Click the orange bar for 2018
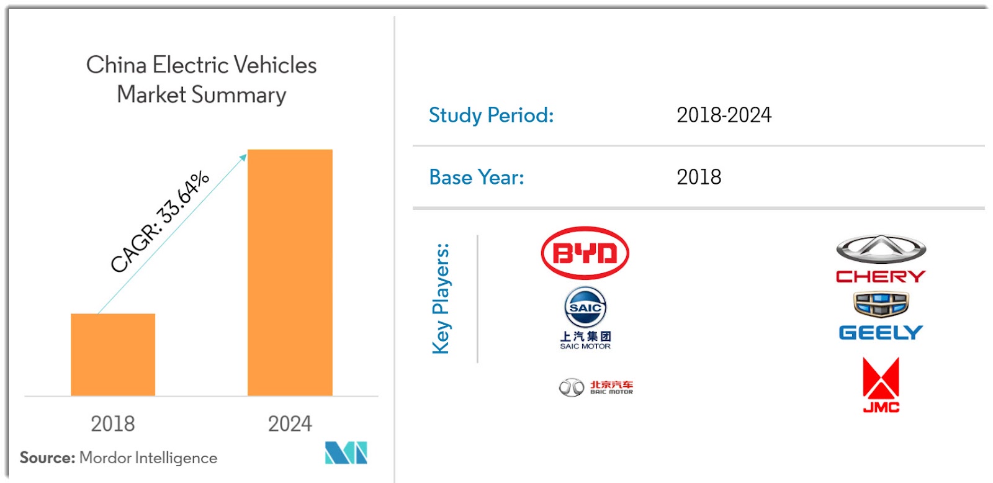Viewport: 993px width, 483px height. tap(113, 354)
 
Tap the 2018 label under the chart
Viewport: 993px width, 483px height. tap(112, 423)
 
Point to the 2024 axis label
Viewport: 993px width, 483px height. tap(290, 423)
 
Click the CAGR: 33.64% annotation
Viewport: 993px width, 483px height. tap(160, 222)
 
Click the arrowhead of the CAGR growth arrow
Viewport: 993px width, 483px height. tap(243, 157)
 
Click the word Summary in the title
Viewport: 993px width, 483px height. tap(239, 95)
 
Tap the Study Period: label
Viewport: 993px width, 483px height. tap(491, 115)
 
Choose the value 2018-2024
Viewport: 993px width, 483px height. tap(724, 115)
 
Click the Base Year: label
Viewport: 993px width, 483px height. tap(477, 178)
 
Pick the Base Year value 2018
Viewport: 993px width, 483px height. tap(699, 178)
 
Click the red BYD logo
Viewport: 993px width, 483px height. tap(585, 253)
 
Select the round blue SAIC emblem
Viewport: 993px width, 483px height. tap(585, 307)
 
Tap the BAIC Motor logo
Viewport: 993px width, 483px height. tap(596, 387)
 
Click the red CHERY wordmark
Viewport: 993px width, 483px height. tap(881, 276)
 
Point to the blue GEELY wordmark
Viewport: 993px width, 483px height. tap(881, 333)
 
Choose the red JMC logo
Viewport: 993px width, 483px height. tap(881, 385)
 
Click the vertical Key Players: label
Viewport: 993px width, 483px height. tap(441, 299)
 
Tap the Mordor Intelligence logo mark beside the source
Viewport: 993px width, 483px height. tap(346, 453)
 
